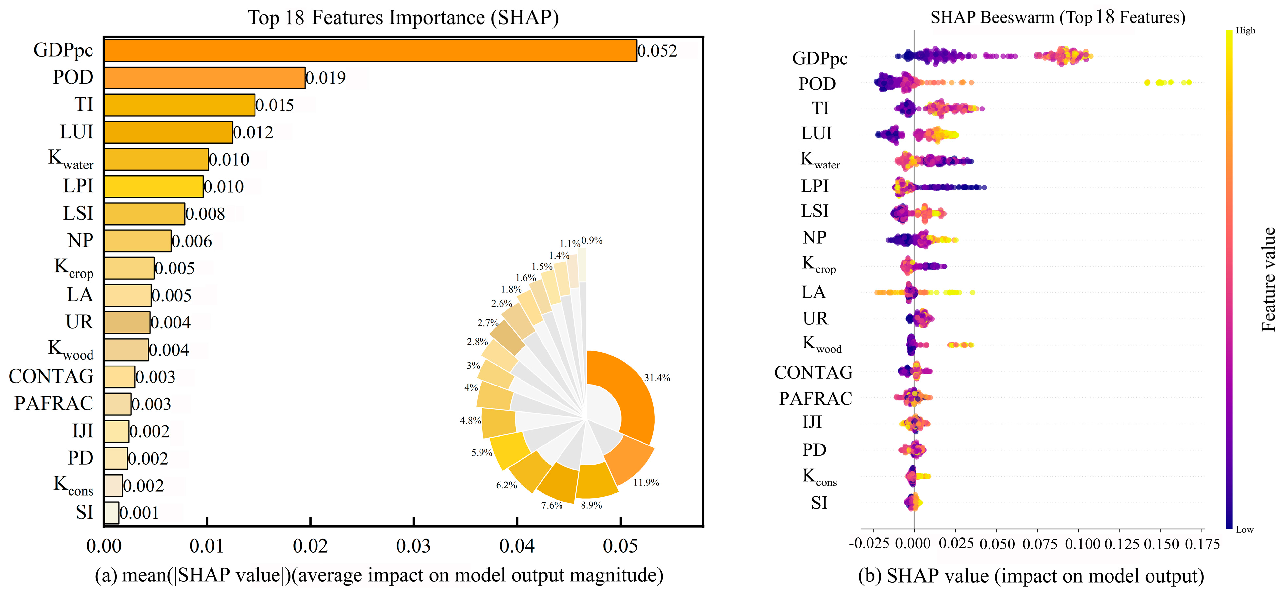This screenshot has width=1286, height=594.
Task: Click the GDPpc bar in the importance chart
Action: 369,51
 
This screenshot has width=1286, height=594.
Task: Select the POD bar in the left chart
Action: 205,78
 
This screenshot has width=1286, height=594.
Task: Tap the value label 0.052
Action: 657,51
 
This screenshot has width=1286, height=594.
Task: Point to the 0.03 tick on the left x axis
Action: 413,546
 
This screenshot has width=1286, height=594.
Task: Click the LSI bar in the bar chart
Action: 145,214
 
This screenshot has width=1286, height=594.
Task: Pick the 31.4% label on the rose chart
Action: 657,378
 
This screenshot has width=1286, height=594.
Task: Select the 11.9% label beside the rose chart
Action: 646,483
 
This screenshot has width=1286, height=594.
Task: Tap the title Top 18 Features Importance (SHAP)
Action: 403,18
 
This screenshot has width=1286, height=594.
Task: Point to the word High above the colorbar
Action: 1245,30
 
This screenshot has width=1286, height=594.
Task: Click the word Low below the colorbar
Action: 1244,530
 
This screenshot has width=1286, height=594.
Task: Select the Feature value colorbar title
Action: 1269,280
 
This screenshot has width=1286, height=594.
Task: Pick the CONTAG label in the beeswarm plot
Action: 813,373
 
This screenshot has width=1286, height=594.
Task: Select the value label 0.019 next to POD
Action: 325,78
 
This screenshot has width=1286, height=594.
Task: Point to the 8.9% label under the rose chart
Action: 591,505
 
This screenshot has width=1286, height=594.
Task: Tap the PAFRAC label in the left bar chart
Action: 53,403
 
